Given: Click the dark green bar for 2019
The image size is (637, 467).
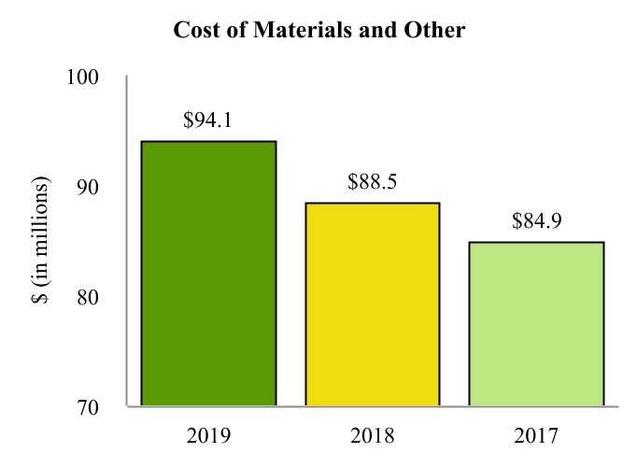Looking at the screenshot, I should click(x=208, y=274).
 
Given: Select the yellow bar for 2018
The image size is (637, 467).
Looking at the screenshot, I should click(x=372, y=304).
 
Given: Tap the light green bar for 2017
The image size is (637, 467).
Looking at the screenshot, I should click(x=535, y=324).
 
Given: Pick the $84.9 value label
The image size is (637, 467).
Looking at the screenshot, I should click(x=536, y=222).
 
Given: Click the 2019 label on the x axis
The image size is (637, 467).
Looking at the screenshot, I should click(x=208, y=436).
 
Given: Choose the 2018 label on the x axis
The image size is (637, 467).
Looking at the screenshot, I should click(x=372, y=436).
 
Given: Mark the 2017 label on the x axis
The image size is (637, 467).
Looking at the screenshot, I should click(x=536, y=436).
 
